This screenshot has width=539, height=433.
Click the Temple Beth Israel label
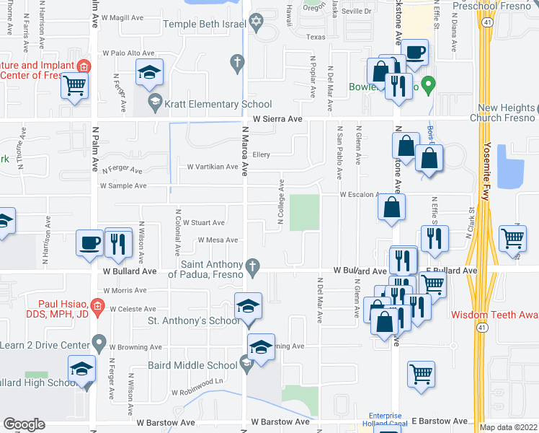(x=205, y=24)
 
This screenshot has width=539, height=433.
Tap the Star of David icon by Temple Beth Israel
(x=254, y=25)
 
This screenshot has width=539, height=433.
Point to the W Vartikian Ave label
(x=212, y=167)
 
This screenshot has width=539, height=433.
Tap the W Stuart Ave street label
(x=203, y=223)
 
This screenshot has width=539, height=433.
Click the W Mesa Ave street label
(x=213, y=240)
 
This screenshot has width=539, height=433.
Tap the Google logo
(x=24, y=424)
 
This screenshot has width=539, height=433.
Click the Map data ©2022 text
(x=509, y=427)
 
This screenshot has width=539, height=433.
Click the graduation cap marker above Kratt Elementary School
(x=150, y=72)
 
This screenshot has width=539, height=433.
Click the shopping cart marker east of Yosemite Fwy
(x=512, y=237)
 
